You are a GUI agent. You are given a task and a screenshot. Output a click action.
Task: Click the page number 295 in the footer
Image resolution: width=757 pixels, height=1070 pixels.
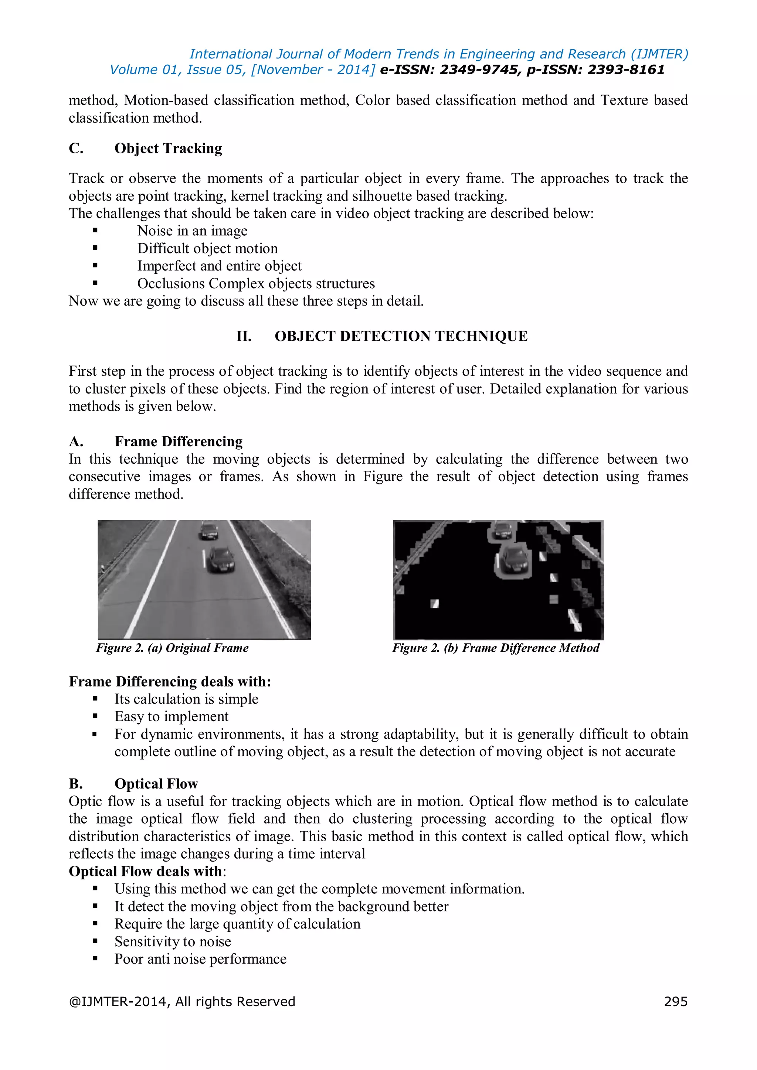pyautogui.click(x=675, y=1002)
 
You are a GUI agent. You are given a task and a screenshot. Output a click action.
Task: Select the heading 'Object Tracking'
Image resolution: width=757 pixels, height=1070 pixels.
pyautogui.click(x=168, y=148)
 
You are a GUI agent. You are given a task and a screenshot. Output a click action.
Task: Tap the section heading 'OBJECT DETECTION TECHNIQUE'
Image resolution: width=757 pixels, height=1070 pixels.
pyautogui.click(x=401, y=336)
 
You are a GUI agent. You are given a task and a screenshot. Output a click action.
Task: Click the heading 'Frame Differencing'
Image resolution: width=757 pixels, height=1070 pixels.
pyautogui.click(x=179, y=441)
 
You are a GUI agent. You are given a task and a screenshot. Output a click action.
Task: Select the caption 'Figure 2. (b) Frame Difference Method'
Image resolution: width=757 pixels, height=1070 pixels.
pyautogui.click(x=496, y=648)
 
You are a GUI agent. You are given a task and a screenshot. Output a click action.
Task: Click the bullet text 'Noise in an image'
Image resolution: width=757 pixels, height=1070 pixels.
pyautogui.click(x=192, y=231)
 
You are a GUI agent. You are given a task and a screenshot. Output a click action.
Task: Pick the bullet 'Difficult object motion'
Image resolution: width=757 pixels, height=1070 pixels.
pyautogui.click(x=207, y=248)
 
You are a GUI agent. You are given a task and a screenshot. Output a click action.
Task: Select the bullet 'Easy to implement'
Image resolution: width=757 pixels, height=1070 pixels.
pyautogui.click(x=172, y=716)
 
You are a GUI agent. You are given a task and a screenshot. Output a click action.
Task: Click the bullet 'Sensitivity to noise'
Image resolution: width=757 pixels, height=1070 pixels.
pyautogui.click(x=173, y=941)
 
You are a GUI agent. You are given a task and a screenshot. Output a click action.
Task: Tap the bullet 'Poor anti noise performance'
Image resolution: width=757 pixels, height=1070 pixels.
pyautogui.click(x=200, y=959)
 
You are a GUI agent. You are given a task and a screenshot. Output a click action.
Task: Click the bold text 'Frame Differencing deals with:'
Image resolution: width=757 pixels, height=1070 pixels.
pyautogui.click(x=170, y=681)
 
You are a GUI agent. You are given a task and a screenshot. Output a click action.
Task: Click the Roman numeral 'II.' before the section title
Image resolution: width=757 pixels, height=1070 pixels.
pyautogui.click(x=244, y=336)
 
